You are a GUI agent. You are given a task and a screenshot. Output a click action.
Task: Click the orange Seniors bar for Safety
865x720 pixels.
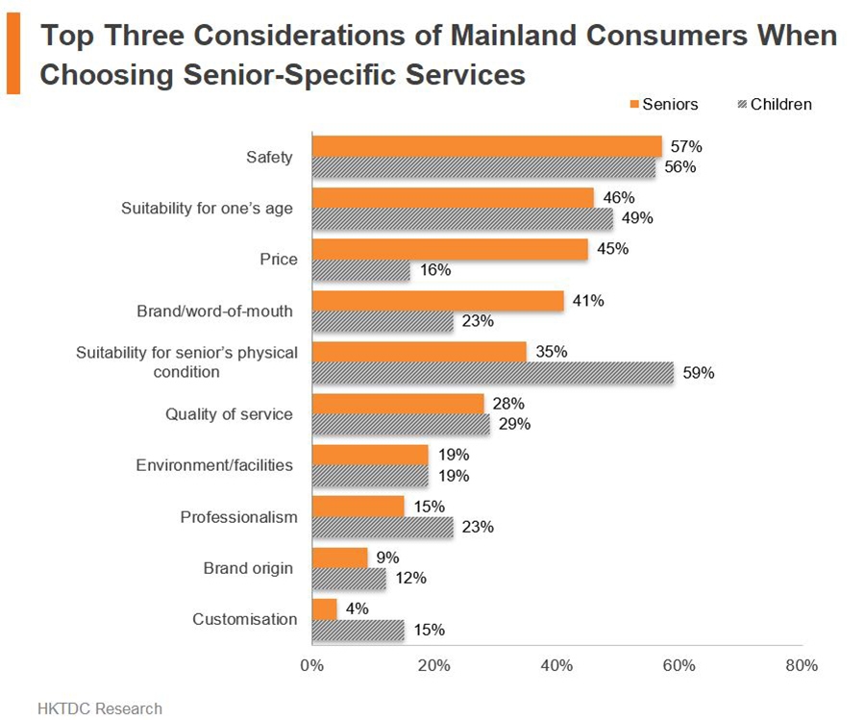487,146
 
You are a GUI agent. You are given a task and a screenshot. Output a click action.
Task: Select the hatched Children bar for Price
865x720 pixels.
361,270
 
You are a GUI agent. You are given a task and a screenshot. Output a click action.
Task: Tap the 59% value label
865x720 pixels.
699,373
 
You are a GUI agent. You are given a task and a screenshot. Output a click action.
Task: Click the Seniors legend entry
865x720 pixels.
664,104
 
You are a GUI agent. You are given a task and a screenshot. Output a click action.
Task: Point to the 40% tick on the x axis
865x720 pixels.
556,665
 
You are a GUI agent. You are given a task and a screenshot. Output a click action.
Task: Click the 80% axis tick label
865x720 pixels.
802,665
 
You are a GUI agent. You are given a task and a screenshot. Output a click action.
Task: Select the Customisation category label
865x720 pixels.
244,619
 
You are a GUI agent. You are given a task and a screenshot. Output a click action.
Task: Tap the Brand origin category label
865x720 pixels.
248,568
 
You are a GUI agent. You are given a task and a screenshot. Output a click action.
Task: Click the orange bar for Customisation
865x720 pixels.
325,608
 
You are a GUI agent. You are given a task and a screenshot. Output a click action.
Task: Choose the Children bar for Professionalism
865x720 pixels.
383,527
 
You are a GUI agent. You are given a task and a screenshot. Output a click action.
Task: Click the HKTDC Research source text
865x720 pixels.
100,708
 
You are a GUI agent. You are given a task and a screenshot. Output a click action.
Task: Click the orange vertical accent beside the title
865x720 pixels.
12,55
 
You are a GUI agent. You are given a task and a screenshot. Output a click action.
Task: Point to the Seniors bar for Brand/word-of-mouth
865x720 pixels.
438,301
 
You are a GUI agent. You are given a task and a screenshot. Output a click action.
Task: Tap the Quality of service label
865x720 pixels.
229,414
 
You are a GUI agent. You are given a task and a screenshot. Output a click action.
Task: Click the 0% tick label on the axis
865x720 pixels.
311,665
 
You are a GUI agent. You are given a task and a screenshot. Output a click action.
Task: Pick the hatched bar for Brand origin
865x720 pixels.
349,578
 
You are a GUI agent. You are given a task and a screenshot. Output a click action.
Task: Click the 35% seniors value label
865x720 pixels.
552,352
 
